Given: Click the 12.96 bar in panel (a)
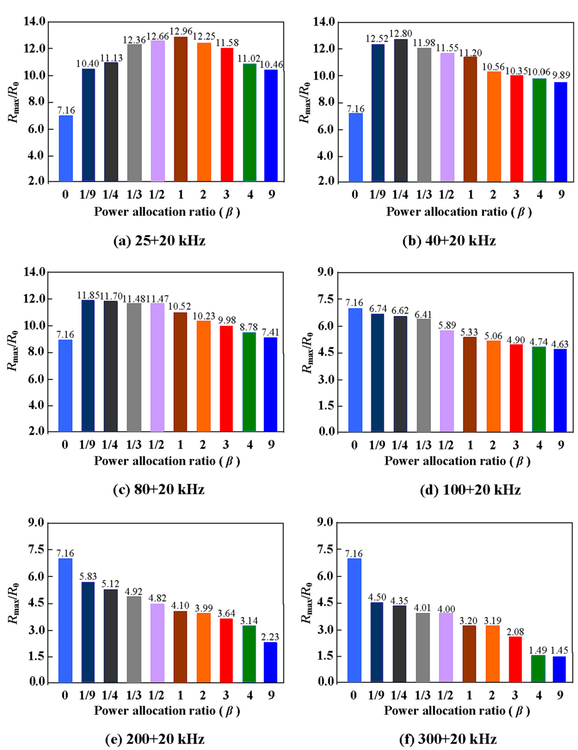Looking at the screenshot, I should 181,109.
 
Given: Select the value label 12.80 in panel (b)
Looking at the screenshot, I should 400,34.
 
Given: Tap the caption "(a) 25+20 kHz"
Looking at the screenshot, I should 159,241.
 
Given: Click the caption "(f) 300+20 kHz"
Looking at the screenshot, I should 448,739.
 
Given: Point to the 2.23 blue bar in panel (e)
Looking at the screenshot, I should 270,662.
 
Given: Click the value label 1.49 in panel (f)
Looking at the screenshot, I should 537,650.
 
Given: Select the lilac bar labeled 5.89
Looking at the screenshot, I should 447,381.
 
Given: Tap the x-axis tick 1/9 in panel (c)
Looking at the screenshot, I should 87,444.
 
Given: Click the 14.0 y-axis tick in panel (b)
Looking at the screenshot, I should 324,21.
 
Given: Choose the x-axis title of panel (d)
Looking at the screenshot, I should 457,461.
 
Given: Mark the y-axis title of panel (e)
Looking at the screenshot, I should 14,603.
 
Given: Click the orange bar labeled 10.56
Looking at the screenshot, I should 494,126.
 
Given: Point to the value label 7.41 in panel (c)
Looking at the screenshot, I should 270,332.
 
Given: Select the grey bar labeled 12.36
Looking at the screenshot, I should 134,112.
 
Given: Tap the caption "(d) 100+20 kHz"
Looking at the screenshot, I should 470,490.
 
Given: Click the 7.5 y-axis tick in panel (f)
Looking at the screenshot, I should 325,549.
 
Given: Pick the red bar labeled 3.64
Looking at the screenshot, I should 226,650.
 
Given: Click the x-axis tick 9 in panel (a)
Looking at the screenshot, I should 272,194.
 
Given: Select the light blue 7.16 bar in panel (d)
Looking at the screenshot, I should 355,369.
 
